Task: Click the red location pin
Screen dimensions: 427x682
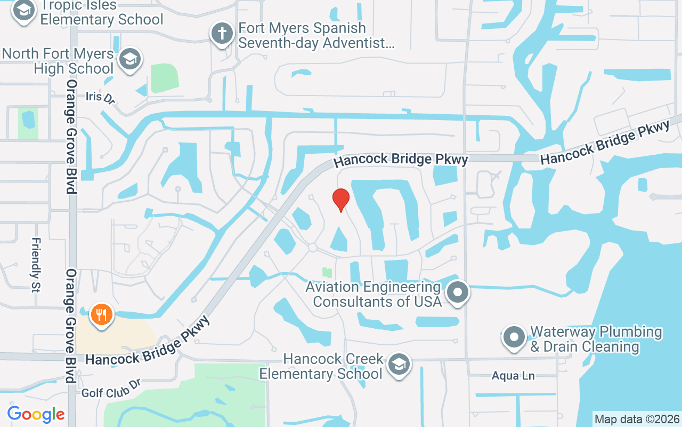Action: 341,200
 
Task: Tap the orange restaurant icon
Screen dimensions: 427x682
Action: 101,314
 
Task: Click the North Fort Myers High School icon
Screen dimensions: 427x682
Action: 129,59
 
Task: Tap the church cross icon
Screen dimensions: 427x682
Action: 222,34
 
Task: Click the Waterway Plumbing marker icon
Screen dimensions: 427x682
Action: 514,337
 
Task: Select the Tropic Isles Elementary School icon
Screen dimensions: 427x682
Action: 23,10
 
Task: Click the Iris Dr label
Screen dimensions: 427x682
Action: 100,98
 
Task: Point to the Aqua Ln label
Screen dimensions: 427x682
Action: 513,376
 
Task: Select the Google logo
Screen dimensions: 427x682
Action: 36,414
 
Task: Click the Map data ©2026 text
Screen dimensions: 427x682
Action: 637,419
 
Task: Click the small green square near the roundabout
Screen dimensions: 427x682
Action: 327,273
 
